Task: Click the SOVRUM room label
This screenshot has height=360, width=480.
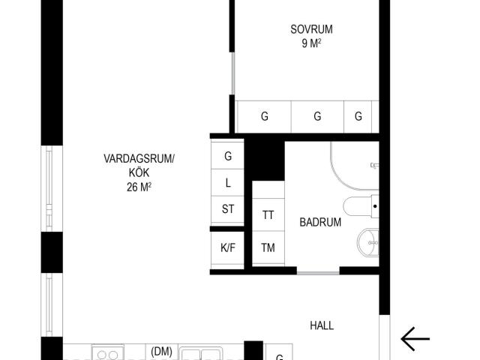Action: point(311,29)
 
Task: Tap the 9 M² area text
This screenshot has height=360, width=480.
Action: point(311,43)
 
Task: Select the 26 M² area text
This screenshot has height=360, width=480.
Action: point(139,187)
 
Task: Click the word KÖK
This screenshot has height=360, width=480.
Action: point(139,172)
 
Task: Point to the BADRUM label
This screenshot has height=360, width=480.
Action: point(320,222)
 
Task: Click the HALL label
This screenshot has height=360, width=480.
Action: point(322,325)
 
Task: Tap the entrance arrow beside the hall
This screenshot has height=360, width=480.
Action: point(415,339)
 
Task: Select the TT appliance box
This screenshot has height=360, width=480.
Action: point(268,214)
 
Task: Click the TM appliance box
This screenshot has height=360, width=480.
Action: point(268,247)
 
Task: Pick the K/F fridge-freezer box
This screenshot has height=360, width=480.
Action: point(227,247)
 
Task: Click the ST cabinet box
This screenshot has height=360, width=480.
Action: point(227,209)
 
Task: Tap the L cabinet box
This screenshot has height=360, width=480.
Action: point(227,182)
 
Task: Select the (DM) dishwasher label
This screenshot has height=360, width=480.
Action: point(162,351)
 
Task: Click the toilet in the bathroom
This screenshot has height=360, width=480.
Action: point(361,206)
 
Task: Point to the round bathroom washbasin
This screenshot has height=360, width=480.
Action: point(368,242)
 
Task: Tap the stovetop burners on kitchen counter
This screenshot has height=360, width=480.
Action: point(108,353)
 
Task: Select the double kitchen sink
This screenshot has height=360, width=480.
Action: point(200,353)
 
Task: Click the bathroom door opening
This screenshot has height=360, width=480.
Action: point(318,272)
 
